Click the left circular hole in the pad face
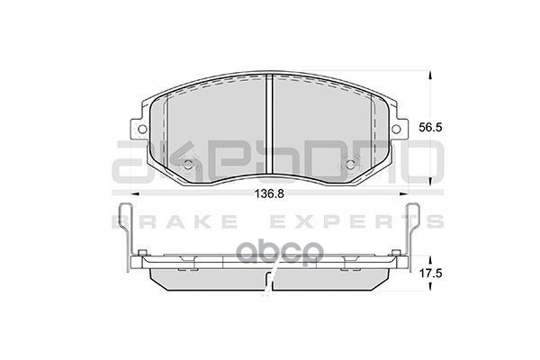(188, 166)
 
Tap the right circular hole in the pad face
(352, 166)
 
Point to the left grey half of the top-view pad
(216, 126)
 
